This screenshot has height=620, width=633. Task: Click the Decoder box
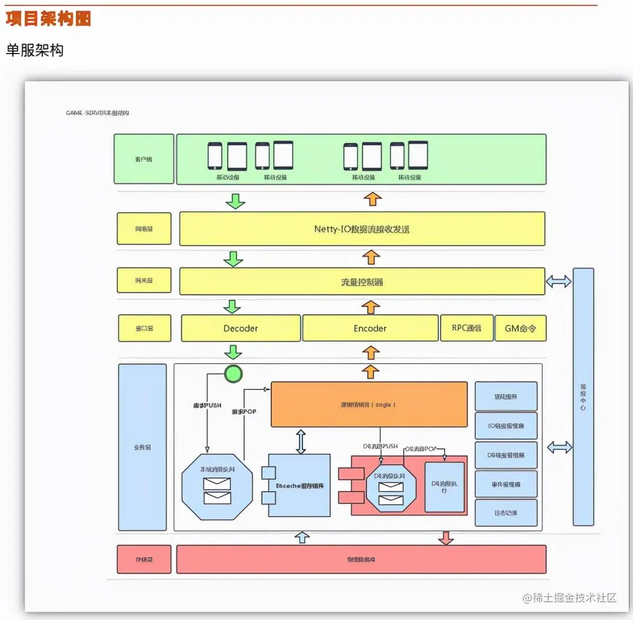(x=241, y=328)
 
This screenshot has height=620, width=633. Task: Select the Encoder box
(x=370, y=328)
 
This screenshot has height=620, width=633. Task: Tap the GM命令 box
(x=520, y=328)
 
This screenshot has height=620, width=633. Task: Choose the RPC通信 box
(x=467, y=328)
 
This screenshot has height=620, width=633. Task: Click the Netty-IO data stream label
(x=362, y=229)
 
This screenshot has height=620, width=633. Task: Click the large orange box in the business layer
(x=369, y=404)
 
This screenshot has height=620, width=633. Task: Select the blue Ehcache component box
(x=299, y=485)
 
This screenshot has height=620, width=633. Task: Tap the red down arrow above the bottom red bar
(x=446, y=537)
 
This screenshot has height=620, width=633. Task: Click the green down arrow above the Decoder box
(x=234, y=307)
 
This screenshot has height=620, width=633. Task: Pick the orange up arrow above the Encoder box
(x=371, y=307)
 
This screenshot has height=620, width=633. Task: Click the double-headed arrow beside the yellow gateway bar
(x=558, y=282)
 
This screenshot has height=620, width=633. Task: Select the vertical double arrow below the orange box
(x=301, y=441)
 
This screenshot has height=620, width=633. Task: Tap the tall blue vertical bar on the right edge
(x=583, y=397)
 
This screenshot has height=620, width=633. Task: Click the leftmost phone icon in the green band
(x=215, y=156)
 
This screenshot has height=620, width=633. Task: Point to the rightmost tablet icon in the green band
(x=418, y=155)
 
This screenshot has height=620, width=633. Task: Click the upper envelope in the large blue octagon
(x=216, y=484)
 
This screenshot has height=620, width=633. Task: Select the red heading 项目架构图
(x=48, y=19)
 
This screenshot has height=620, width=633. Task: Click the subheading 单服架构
(x=35, y=51)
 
